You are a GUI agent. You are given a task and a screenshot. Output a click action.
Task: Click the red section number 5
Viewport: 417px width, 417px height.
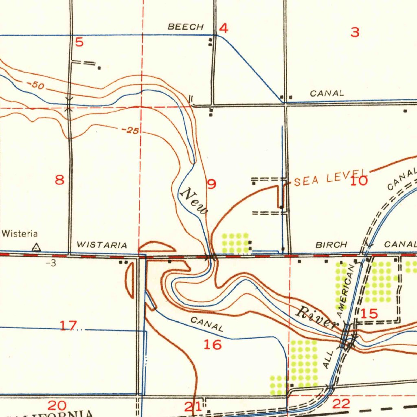click(79, 42)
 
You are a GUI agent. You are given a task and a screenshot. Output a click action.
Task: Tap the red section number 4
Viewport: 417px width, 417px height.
click(224, 29)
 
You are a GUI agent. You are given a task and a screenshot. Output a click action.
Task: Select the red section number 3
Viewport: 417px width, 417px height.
click(355, 33)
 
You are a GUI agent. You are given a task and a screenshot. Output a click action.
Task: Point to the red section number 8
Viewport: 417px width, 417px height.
click(59, 180)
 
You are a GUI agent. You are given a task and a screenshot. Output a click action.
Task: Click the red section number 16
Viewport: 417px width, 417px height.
click(213, 345)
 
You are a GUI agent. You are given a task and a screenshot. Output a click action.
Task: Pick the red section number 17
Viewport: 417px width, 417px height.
click(68, 325)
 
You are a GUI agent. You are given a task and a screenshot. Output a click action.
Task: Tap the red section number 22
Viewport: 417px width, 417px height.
click(341, 404)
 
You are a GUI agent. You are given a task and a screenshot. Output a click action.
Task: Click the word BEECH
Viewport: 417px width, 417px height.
click(186, 27)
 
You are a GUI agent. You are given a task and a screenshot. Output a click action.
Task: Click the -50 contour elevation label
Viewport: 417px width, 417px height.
click(36, 86)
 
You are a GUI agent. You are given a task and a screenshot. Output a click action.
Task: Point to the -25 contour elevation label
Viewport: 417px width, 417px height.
click(131, 130)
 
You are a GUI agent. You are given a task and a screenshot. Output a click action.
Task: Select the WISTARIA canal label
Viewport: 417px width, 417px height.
click(102, 245)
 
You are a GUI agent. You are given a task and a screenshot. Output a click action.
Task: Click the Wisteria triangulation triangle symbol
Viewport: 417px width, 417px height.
click(37, 247)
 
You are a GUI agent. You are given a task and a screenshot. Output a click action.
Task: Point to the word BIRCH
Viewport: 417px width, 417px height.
click(331, 245)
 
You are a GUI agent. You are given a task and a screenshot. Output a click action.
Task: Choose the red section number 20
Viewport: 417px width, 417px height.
click(57, 405)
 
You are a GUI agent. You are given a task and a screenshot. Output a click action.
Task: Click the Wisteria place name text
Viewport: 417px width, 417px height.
click(20, 234)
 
